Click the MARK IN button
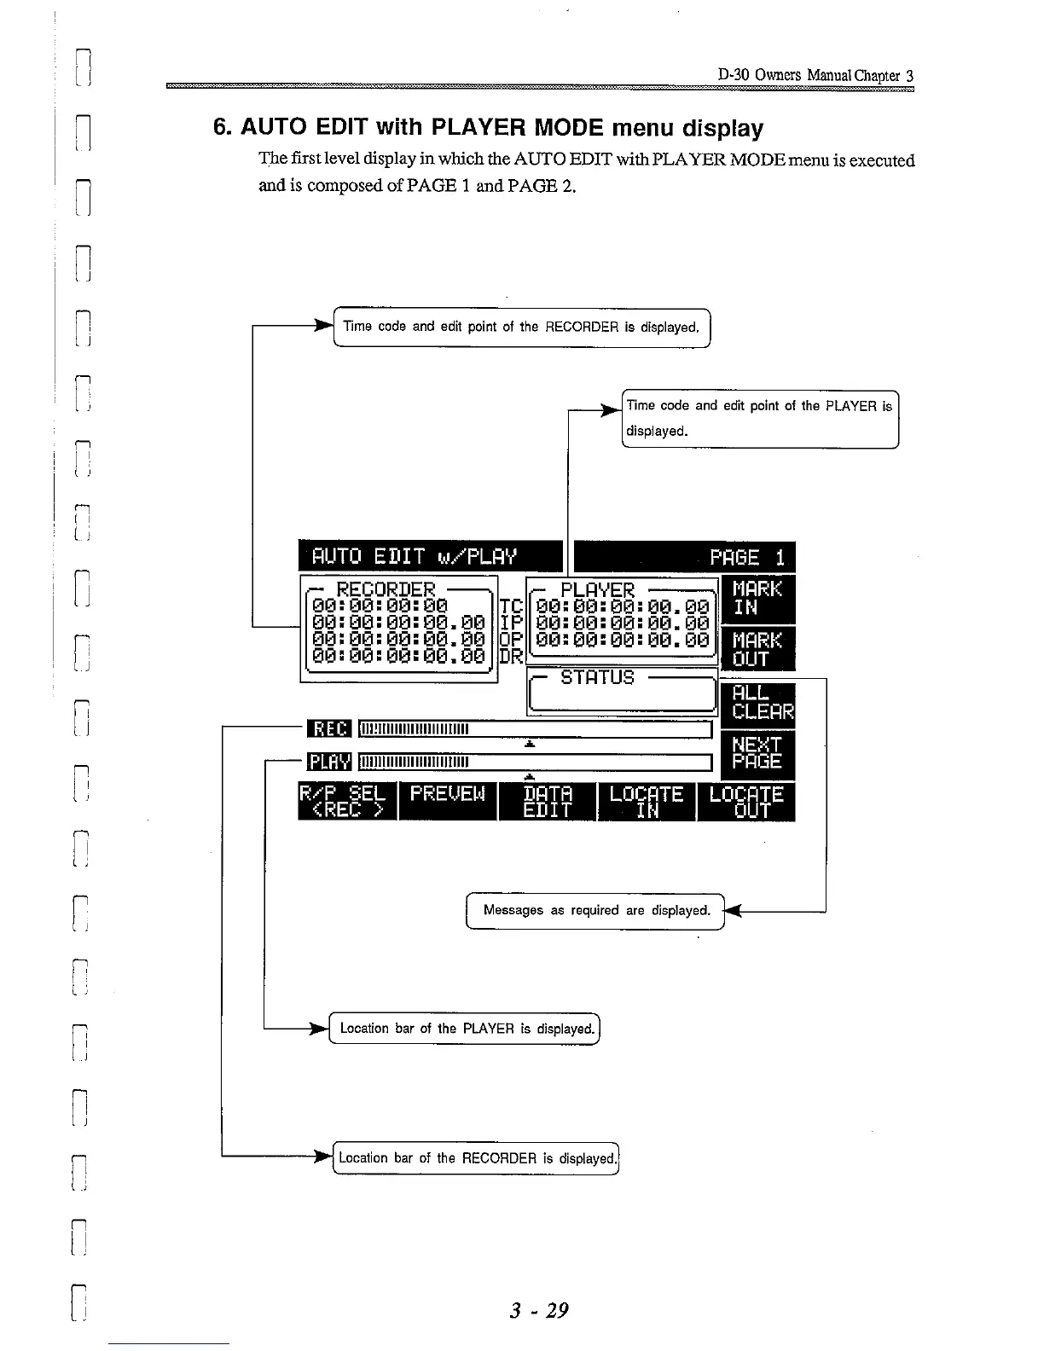pyautogui.click(x=757, y=598)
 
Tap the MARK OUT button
pyautogui.click(x=757, y=649)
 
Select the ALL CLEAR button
pyautogui.click(x=757, y=703)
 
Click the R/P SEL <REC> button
pyautogui.click(x=347, y=801)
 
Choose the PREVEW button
pyautogui.click(x=448, y=801)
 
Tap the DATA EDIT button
pyautogui.click(x=548, y=801)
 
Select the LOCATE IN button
pyautogui.click(x=647, y=801)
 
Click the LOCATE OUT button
pyautogui.click(x=746, y=801)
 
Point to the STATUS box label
pyautogui.click(x=597, y=677)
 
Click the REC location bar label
pyautogui.click(x=328, y=728)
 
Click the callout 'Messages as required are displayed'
pyautogui.click(x=595, y=910)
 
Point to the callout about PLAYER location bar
pyautogui.click(x=466, y=1029)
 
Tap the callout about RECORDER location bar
pyautogui.click(x=476, y=1157)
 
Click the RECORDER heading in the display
pyautogui.click(x=386, y=589)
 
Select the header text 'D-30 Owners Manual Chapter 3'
pyautogui.click(x=815, y=75)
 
